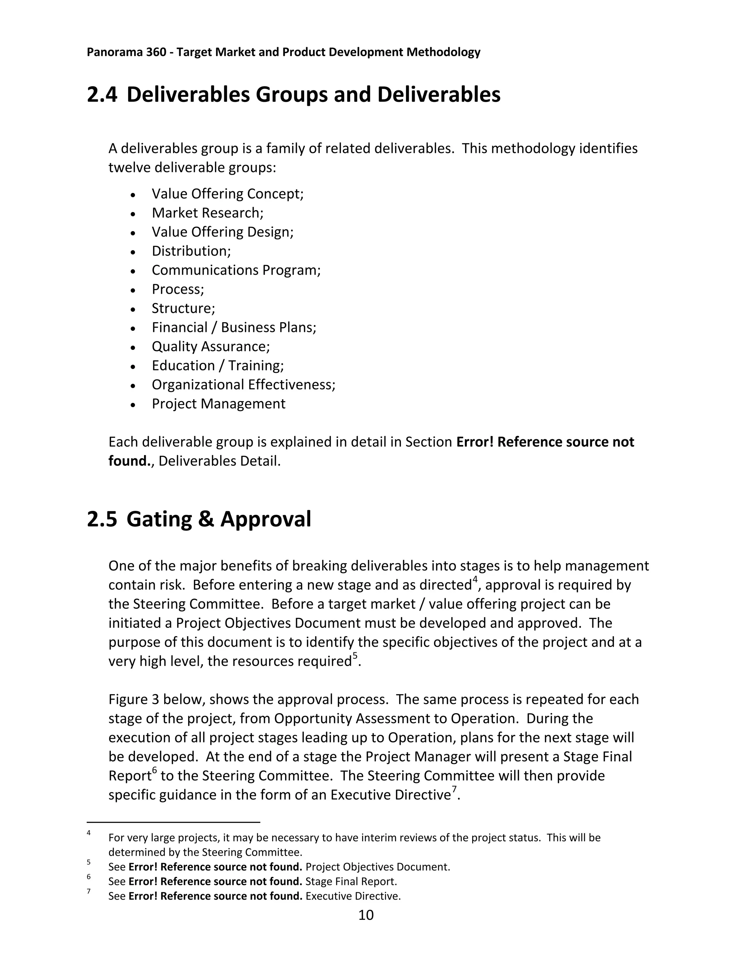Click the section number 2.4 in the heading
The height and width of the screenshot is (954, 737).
(102, 95)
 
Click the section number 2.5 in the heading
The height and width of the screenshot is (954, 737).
(102, 519)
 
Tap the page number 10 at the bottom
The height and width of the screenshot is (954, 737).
(366, 915)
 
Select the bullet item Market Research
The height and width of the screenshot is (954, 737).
(207, 213)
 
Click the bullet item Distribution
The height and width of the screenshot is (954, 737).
(191, 251)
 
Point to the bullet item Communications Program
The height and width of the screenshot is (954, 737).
(236, 270)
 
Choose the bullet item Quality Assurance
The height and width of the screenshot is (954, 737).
(211, 346)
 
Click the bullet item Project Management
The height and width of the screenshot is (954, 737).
(218, 404)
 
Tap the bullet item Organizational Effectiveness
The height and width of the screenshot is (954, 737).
(243, 385)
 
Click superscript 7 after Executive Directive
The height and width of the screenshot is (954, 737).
(454, 789)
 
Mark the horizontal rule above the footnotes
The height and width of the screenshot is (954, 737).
(173, 822)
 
